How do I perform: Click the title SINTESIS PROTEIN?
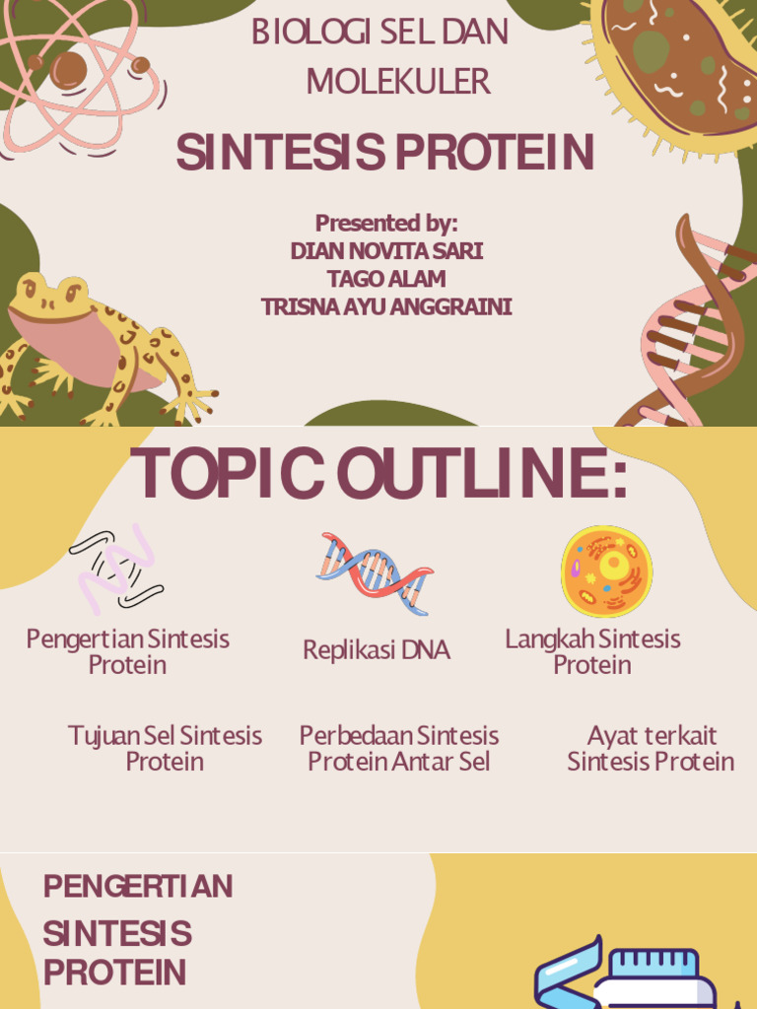click(x=384, y=152)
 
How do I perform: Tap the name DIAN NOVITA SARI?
click(x=386, y=251)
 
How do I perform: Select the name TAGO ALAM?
click(x=386, y=279)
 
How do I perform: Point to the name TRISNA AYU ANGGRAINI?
click(x=386, y=306)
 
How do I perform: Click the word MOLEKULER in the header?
click(x=397, y=82)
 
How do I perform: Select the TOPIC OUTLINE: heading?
click(x=379, y=473)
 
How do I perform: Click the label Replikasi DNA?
click(x=377, y=650)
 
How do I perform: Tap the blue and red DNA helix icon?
click(x=375, y=572)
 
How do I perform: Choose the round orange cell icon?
click(x=606, y=572)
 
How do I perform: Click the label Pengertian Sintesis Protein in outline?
click(x=127, y=651)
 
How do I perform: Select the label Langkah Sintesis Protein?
click(x=592, y=651)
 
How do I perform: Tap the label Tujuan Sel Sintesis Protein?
click(x=165, y=748)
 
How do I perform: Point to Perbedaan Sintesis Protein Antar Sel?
click(x=398, y=748)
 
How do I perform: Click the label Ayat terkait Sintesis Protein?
click(x=651, y=748)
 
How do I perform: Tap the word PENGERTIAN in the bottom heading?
click(x=138, y=887)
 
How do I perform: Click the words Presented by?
click(x=386, y=223)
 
